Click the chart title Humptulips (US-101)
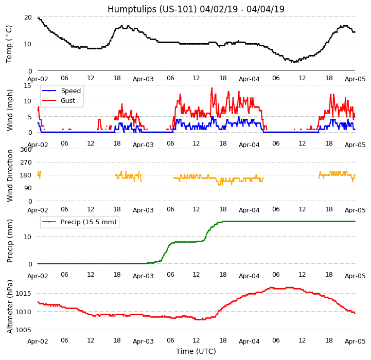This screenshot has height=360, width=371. [x=196, y=9]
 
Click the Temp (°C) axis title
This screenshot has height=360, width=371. [x=9, y=44]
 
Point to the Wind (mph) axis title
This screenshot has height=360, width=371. [x=10, y=110]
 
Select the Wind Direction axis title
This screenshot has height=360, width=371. [x=10, y=175]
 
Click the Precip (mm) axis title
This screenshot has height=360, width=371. [x=10, y=241]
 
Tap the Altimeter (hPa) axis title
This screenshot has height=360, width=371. [x=10, y=307]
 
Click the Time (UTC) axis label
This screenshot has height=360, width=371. [x=196, y=351]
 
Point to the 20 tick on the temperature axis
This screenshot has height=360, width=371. [x=28, y=17]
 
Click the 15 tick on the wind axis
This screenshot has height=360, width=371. [x=28, y=85]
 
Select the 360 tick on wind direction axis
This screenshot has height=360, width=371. [x=26, y=150]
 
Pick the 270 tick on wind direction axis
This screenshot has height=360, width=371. [x=26, y=163]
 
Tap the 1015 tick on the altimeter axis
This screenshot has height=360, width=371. [x=24, y=293]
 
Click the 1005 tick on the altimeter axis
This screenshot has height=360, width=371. [x=24, y=330]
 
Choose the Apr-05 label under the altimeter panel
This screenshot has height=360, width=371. [x=355, y=341]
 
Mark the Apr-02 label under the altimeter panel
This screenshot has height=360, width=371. [x=38, y=341]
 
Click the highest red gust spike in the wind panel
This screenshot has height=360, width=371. [x=211, y=88]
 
